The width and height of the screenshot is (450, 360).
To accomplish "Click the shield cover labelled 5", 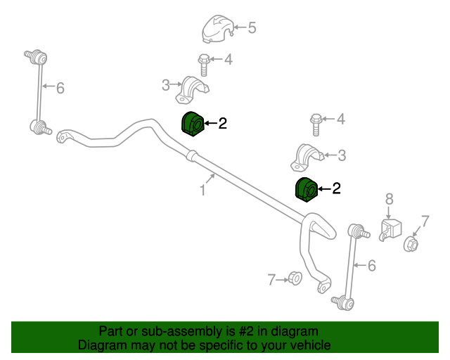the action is point(218,29).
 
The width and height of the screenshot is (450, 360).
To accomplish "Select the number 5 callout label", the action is point(252,28).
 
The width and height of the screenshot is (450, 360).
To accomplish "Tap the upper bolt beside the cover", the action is point(204,65).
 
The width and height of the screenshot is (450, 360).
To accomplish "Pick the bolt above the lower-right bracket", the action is point(316,124).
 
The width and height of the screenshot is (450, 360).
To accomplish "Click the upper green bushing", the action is point(193,124).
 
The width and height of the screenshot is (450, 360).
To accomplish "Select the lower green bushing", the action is point(307,189).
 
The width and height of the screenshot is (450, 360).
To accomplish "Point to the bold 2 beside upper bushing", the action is point(223,123).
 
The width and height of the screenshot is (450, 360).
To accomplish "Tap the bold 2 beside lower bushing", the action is point(336,188).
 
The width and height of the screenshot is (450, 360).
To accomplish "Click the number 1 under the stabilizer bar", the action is point(202,191).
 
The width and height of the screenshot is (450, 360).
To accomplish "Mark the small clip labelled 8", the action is point(390,229).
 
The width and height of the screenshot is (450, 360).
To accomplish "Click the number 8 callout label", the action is point(389,199).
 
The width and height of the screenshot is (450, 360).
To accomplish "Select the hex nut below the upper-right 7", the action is point(411,244).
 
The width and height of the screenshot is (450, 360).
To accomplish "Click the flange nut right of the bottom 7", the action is point(295,278).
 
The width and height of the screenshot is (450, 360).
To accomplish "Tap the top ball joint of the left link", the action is point(36,56).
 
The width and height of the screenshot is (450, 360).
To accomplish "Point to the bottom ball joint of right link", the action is point(343,303).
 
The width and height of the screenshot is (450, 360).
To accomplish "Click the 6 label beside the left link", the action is point(60,88).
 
